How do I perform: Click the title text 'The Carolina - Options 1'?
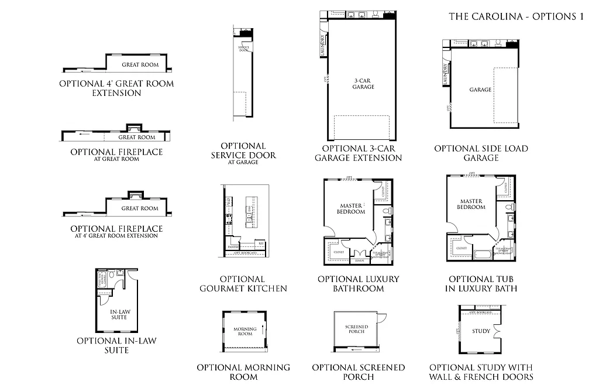click(x=517, y=16)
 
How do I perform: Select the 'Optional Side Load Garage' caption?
click(x=481, y=153)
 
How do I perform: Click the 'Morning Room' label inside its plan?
click(x=245, y=331)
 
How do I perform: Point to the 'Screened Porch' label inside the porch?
click(x=355, y=329)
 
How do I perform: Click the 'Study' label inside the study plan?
click(x=481, y=331)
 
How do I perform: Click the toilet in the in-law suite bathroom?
click(x=111, y=274)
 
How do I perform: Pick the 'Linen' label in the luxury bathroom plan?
click(x=359, y=262)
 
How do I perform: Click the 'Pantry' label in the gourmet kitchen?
click(x=233, y=248)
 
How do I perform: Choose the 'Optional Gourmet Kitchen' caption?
click(x=243, y=284)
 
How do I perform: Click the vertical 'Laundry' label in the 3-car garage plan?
click(x=322, y=45)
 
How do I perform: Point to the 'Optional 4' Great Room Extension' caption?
click(x=116, y=88)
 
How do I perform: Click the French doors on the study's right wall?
click(x=498, y=331)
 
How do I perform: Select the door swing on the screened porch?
click(x=381, y=318)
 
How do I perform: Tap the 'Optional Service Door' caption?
click(x=243, y=151)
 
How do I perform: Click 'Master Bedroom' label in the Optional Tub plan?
click(x=472, y=204)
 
